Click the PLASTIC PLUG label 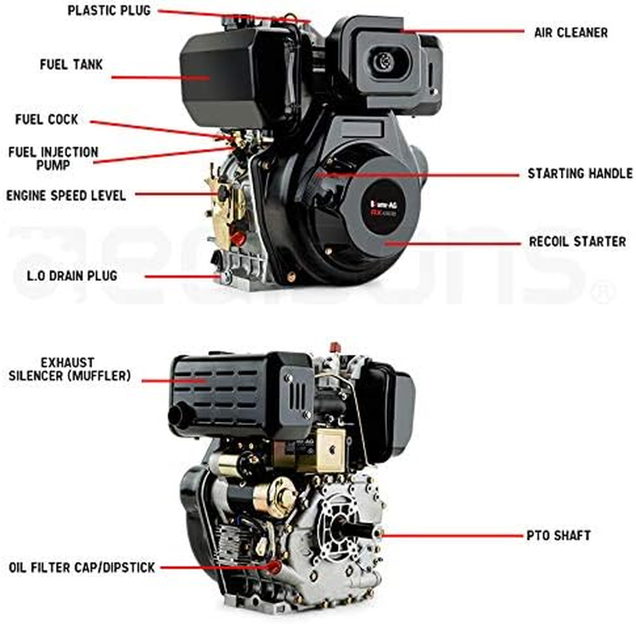point(108,11)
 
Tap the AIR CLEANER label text point(570,33)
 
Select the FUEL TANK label point(71,64)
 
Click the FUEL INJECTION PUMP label point(53,158)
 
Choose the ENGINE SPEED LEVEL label point(66,195)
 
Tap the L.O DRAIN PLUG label point(71,275)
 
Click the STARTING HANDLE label point(580,173)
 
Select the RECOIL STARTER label point(577,241)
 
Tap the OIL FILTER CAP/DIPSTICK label point(82,568)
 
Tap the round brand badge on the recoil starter point(390,209)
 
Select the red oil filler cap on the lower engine point(274,563)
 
